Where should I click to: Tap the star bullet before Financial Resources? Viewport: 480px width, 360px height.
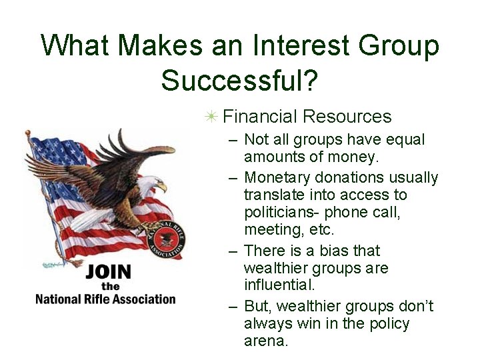coord(211,117)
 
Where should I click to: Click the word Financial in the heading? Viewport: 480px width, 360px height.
coord(260,117)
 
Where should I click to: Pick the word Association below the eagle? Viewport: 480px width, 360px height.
coord(143,299)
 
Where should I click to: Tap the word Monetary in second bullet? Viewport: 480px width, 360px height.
coord(275,178)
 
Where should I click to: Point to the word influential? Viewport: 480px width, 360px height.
coord(279,285)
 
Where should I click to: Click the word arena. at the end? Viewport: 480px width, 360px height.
coord(266,341)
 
